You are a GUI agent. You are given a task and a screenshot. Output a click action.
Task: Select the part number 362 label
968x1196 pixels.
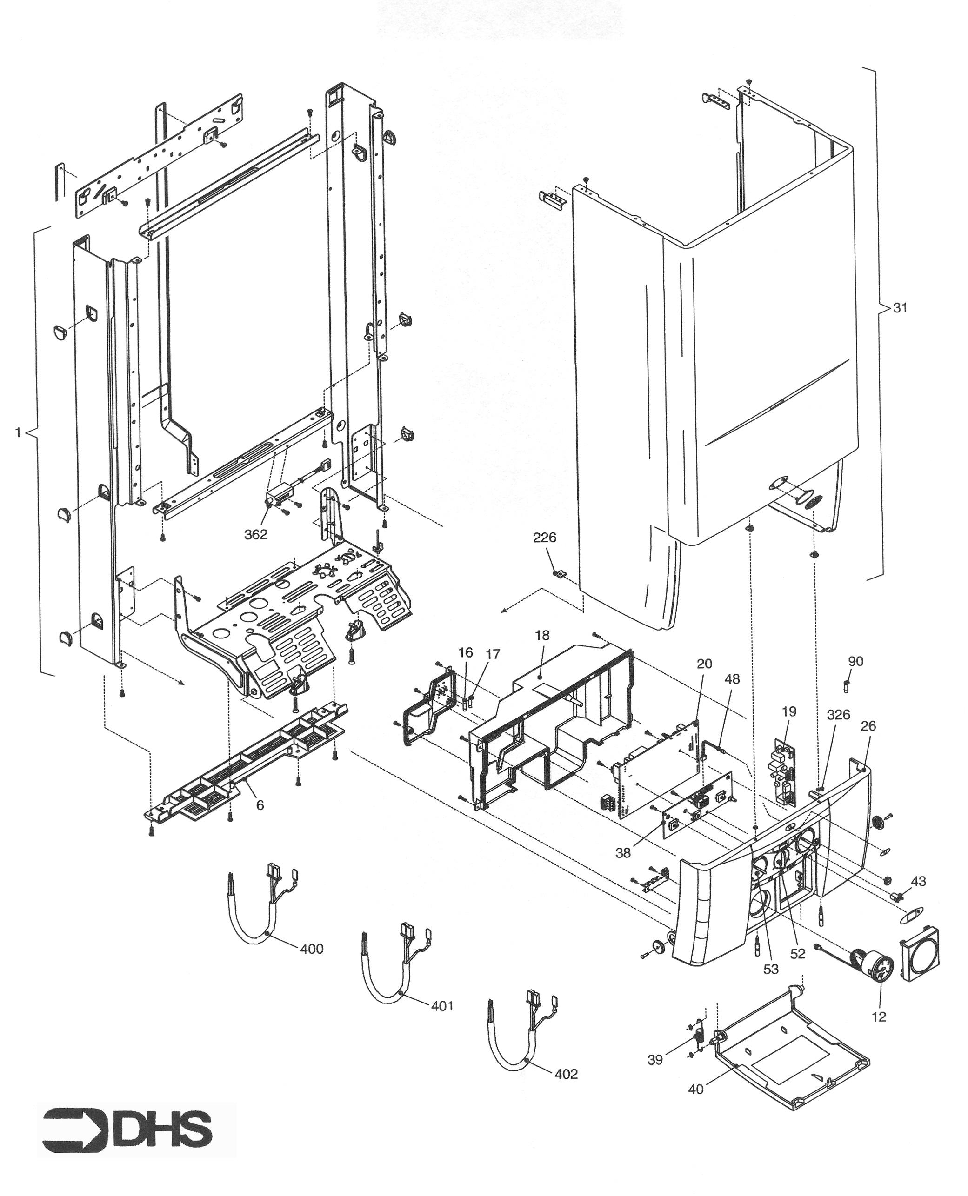click(256, 534)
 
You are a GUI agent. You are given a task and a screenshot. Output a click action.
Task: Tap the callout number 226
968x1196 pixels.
click(544, 538)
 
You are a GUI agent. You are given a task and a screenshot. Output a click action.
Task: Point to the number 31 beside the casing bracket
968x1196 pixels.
click(900, 308)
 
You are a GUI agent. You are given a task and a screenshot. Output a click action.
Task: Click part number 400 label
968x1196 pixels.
click(311, 949)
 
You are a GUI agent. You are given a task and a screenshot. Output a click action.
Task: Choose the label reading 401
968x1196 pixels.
click(442, 1006)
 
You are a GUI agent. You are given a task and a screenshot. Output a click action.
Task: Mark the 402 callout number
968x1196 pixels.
click(566, 1074)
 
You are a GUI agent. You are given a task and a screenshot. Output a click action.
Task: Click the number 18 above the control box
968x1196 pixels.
click(541, 635)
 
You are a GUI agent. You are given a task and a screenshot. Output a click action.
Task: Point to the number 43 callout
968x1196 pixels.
click(918, 881)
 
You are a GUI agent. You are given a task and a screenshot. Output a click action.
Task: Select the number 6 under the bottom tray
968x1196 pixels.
click(260, 805)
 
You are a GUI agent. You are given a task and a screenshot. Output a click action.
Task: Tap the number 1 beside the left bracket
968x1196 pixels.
click(18, 432)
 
